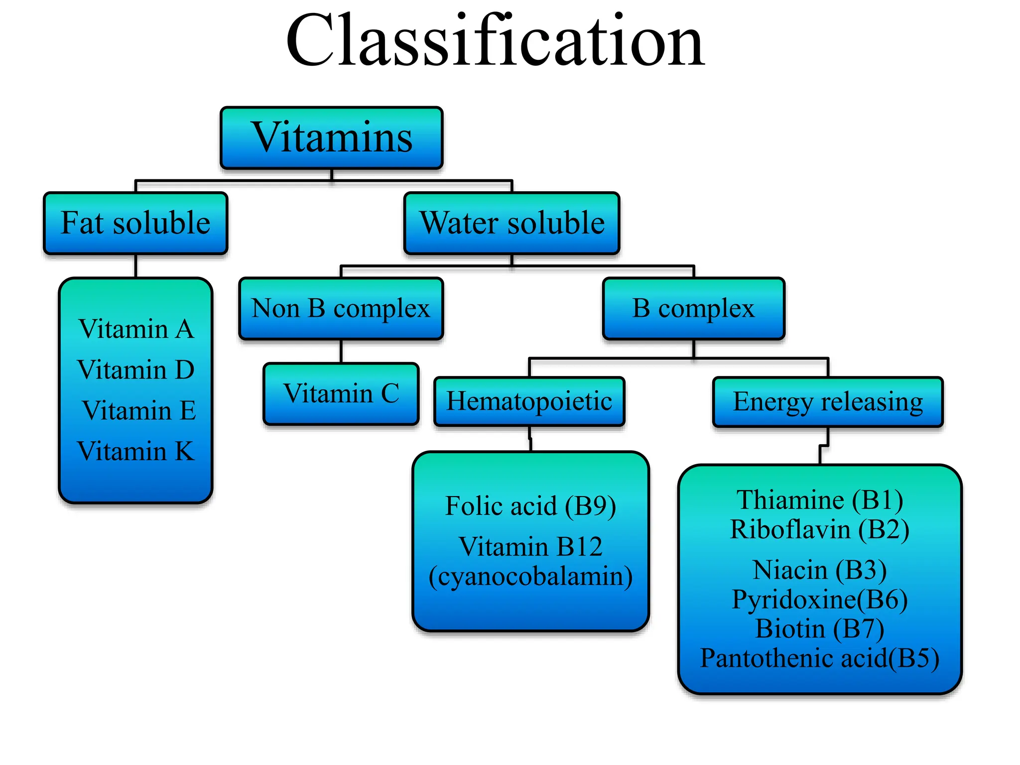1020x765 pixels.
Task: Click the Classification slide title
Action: pos(495,41)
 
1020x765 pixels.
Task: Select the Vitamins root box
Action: pos(332,137)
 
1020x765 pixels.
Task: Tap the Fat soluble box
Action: pos(135,223)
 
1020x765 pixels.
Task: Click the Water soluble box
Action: pos(512,223)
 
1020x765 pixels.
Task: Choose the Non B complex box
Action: pos(341,309)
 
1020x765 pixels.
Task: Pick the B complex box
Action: pos(693,309)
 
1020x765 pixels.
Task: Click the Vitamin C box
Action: pos(341,394)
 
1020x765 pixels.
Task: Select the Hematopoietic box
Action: pos(529,401)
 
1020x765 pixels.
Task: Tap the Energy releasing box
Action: pos(828,402)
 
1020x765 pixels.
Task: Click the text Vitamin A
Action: pos(136,329)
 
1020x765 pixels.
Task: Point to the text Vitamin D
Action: pos(136,370)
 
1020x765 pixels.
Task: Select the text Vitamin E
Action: pos(139,411)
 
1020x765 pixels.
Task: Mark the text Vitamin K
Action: pos(136,452)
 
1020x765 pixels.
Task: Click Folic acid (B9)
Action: pos(530,506)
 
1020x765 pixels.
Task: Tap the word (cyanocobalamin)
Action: pos(530,577)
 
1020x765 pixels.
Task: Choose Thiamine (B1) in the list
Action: pos(820,500)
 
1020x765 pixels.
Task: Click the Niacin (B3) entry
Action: pos(820,570)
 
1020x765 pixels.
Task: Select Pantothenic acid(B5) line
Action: pos(820,658)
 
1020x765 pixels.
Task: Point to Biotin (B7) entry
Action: pos(820,629)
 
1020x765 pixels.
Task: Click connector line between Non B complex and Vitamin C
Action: pos(341,352)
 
